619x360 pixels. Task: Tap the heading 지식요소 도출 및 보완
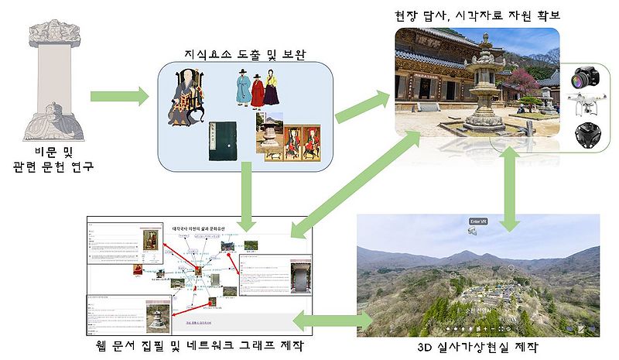pos(245,54)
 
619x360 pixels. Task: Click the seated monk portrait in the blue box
pos(186,97)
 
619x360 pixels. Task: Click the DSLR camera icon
pos(584,79)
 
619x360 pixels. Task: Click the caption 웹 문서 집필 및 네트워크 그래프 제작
pos(200,345)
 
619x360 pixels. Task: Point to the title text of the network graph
pos(204,229)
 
